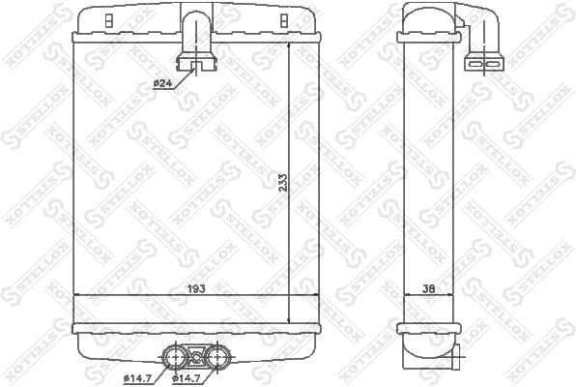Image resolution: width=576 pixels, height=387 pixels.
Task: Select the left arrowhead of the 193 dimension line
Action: coord(78,295)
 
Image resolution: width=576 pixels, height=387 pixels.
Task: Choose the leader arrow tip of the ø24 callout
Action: coord(193,70)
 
